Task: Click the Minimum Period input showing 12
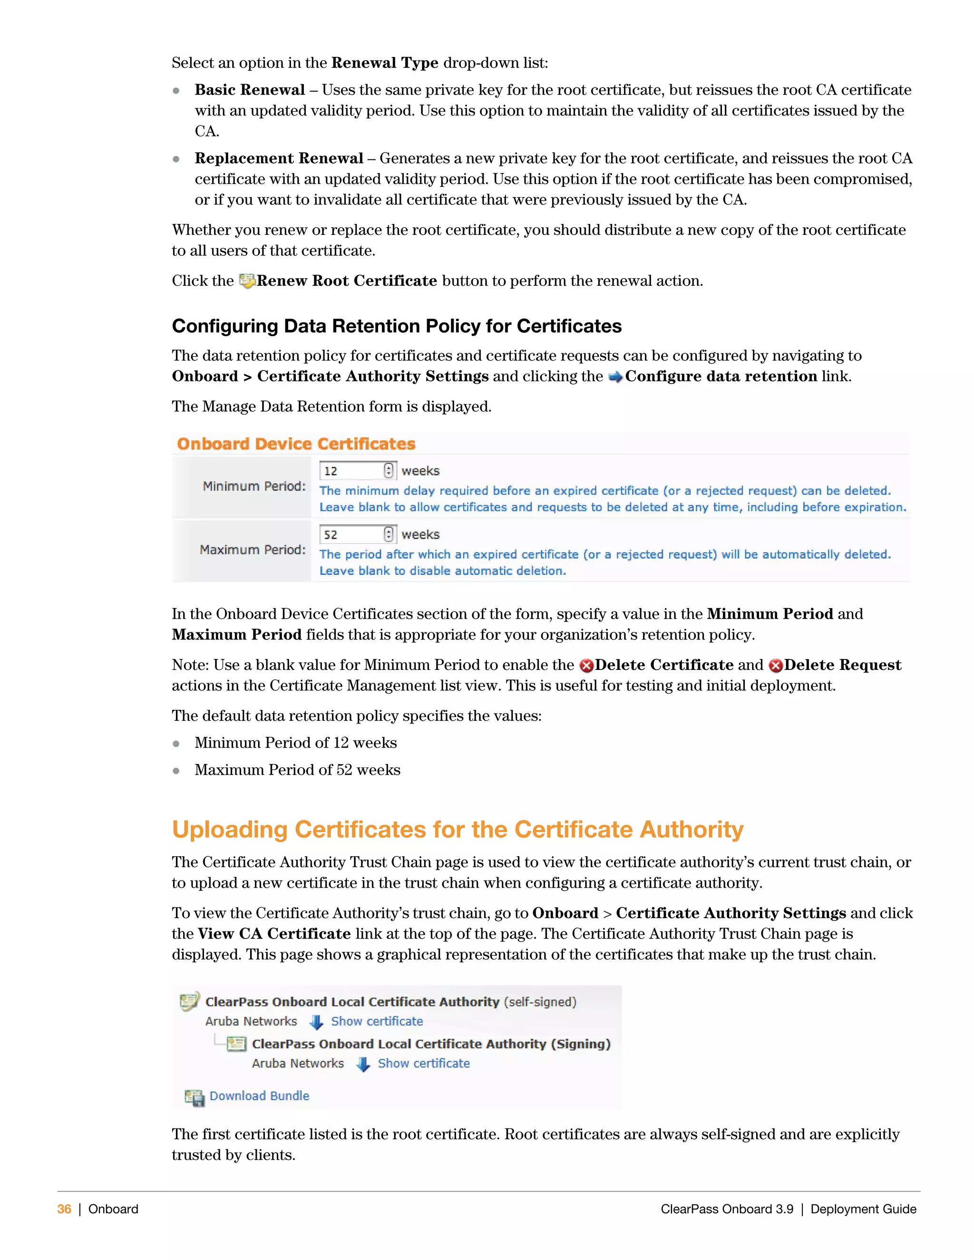(x=351, y=471)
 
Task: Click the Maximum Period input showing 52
(x=351, y=534)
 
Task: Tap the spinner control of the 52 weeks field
(x=389, y=534)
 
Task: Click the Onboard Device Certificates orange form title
(x=296, y=444)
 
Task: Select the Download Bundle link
(x=259, y=1095)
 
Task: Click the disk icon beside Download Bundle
(x=195, y=1097)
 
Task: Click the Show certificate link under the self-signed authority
(x=377, y=1021)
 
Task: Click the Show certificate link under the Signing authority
(x=424, y=1063)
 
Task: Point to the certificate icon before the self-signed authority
(x=189, y=1001)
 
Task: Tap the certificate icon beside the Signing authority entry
(x=236, y=1044)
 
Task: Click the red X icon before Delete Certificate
(x=586, y=666)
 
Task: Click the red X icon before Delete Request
(x=776, y=666)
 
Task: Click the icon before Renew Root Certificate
(x=247, y=281)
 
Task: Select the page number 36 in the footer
(x=64, y=1209)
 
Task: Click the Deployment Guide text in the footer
(x=863, y=1209)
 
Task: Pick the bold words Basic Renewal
(x=249, y=90)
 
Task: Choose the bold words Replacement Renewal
(x=279, y=158)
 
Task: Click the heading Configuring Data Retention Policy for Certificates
(x=397, y=326)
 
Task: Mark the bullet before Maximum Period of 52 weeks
(x=176, y=771)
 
